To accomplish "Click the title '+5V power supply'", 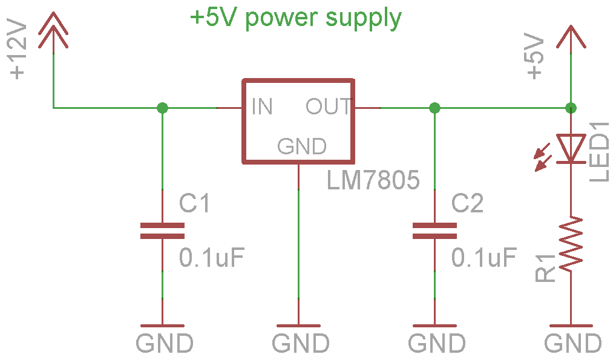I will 296,18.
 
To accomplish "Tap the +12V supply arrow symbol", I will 54,33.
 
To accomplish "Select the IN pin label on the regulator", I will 262,107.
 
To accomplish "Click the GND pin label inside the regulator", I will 302,146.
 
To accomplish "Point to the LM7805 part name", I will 373,180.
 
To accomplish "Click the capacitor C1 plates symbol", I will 162,231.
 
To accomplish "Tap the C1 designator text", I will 195,204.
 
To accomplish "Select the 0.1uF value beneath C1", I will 212,258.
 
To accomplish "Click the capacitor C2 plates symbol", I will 434,231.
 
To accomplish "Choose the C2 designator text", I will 468,204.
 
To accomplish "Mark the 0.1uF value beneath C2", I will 484,258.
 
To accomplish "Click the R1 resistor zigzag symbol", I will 570,243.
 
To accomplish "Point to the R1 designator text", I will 546,268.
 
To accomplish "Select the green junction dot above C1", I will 162,108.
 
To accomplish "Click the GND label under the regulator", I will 301,344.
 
